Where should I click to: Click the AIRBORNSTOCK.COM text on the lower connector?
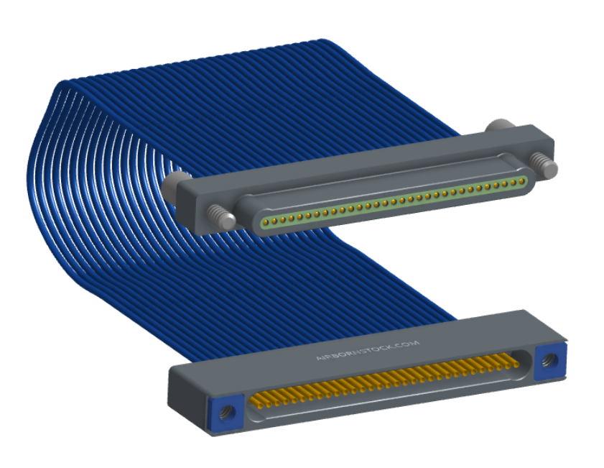pos(368,350)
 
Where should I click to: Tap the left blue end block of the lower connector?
pos(226,413)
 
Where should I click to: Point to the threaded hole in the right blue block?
pos(547,361)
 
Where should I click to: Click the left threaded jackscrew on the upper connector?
pos(221,217)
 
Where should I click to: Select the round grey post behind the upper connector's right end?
pos(500,126)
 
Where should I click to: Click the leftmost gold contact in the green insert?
pos(266,221)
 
